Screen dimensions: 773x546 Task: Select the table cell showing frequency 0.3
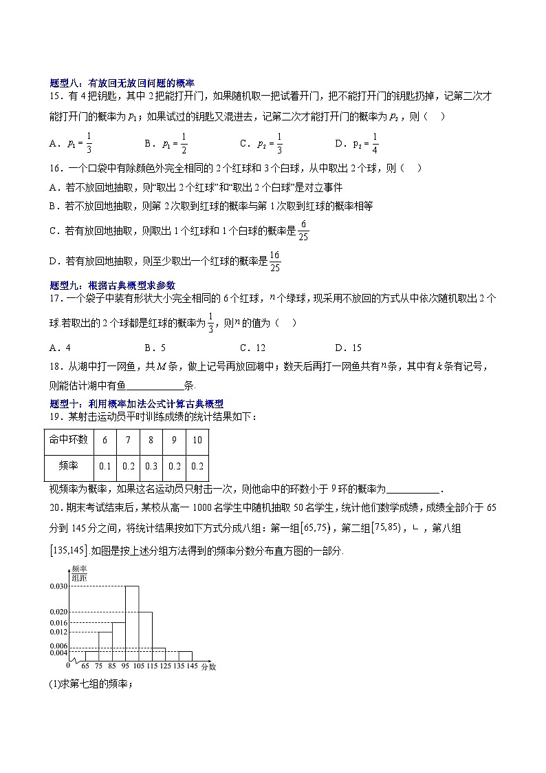(151, 466)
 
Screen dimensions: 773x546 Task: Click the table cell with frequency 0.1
(105, 466)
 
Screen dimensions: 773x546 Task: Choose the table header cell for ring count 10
(197, 440)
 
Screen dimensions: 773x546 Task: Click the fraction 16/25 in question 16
(274, 262)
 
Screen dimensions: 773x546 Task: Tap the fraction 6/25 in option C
(304, 233)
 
